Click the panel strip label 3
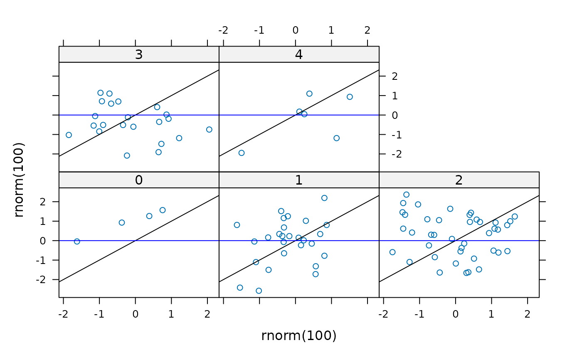139,54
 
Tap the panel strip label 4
299,54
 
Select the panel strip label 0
139,180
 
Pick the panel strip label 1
299,180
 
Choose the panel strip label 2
459,180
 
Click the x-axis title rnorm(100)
299,335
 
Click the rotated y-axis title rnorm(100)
19,180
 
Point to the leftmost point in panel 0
77,242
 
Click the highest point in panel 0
163,210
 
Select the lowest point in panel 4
242,153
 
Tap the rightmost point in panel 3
209,130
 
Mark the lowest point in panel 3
127,155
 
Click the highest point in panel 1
324,198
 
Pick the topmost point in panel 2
407,195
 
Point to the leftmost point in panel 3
69,135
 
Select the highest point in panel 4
309,94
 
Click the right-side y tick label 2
395,76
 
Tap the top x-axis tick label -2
223,30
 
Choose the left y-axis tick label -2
41,280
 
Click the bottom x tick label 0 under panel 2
456,314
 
